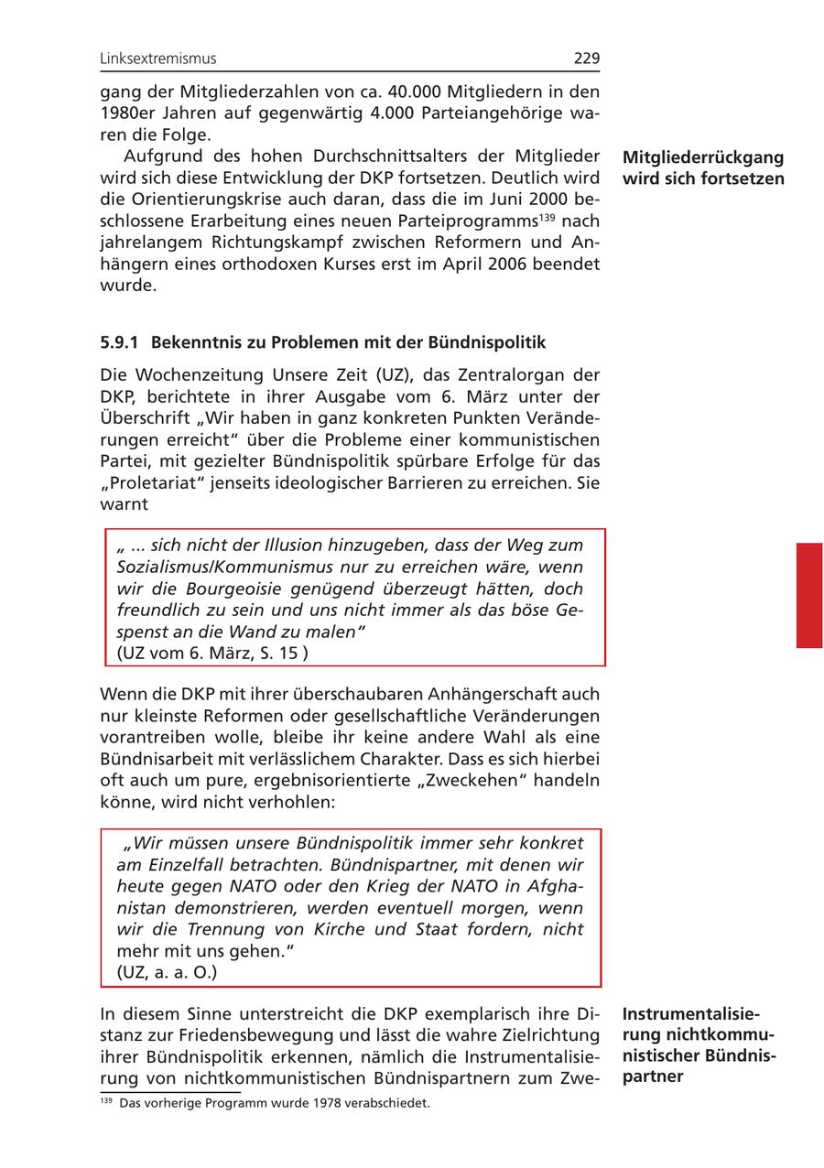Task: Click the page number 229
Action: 586,59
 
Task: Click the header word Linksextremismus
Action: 158,59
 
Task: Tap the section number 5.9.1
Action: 119,343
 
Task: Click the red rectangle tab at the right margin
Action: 808,595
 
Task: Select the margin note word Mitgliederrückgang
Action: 702,157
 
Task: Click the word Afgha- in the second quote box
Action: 548,886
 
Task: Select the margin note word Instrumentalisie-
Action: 690,1014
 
